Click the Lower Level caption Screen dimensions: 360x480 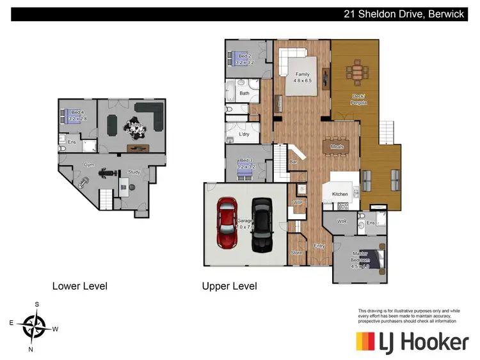79,286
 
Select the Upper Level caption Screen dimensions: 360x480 229,286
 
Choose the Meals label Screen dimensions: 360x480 337,146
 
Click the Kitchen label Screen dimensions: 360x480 339,193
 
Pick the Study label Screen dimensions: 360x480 134,172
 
